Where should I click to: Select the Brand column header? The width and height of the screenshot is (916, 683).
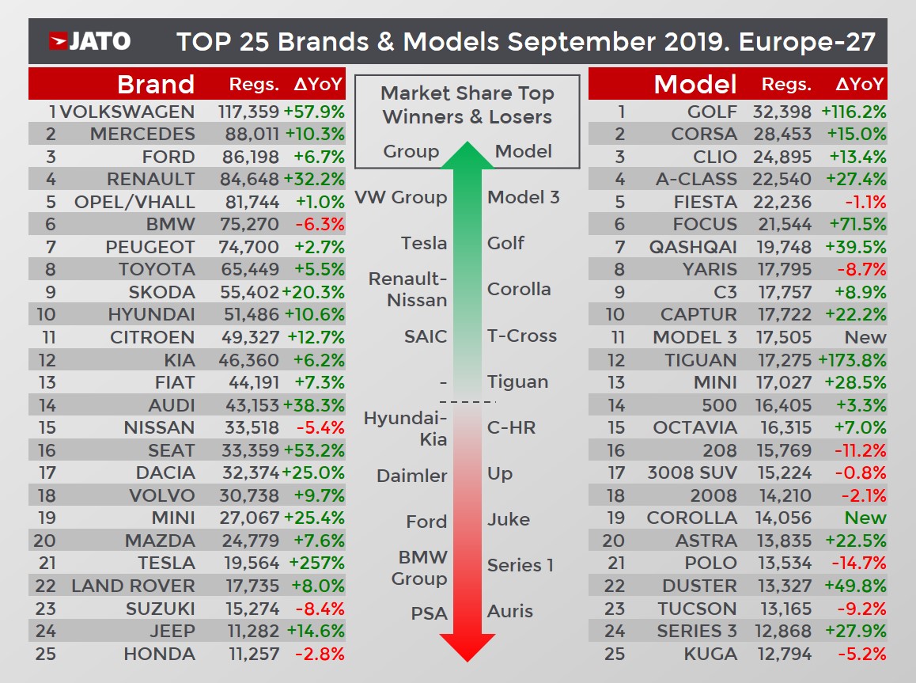tap(155, 84)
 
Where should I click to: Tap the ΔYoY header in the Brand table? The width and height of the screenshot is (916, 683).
tap(318, 84)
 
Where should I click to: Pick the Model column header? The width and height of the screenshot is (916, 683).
tap(695, 84)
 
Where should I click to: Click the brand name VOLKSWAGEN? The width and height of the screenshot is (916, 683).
tap(127, 112)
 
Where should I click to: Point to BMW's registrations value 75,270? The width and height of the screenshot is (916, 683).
tap(248, 224)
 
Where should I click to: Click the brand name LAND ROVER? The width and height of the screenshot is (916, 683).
tap(132, 586)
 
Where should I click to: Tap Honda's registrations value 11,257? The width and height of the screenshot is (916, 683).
tap(248, 654)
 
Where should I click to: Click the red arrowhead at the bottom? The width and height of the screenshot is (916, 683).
tap(467, 645)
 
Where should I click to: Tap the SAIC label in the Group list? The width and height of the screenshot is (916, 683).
tap(426, 336)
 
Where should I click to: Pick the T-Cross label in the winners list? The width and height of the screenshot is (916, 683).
tap(522, 336)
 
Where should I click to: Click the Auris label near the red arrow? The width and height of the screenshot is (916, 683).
tap(510, 611)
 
